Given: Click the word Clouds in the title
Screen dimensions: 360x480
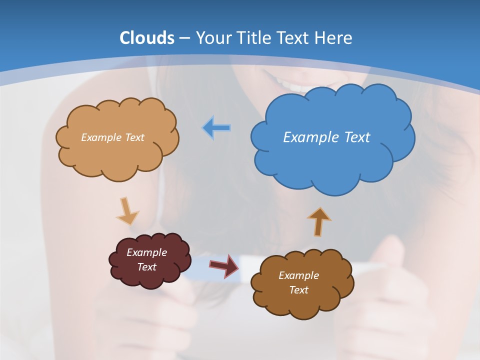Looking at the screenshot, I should pyautogui.click(x=147, y=37).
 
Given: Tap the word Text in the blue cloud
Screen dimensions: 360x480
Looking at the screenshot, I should pyautogui.click(x=357, y=137).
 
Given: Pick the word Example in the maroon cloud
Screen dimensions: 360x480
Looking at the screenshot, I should pyautogui.click(x=146, y=252).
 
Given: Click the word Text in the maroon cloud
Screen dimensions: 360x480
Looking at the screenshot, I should pyautogui.click(x=146, y=267).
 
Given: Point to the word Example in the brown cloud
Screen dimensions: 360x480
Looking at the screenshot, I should pyautogui.click(x=298, y=275).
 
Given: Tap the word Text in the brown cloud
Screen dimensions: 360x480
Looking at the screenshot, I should pyautogui.click(x=298, y=290).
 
